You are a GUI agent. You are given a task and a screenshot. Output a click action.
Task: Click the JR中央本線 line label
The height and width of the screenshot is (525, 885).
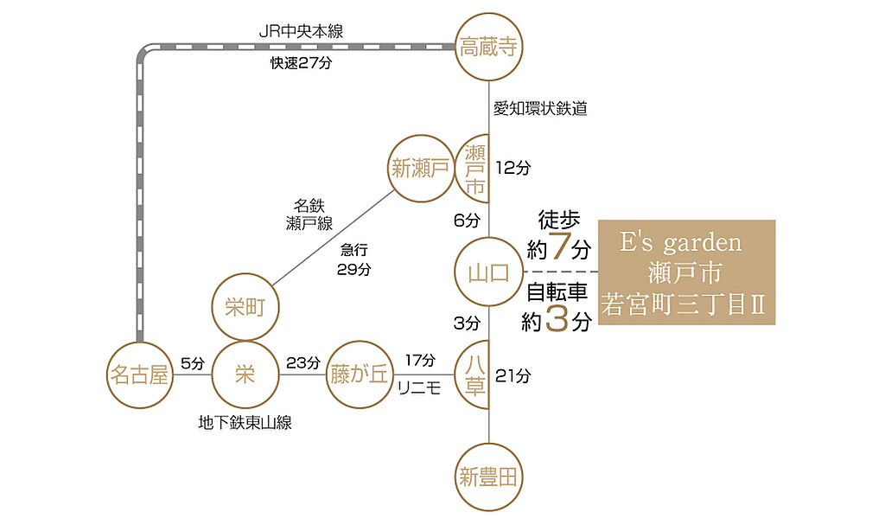(x=301, y=31)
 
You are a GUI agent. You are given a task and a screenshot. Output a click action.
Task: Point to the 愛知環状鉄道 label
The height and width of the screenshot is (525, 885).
(x=540, y=108)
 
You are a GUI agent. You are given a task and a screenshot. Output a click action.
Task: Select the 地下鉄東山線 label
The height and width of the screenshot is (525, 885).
(x=245, y=423)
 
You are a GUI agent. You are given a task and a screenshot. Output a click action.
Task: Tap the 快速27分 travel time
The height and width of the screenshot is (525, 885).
(x=301, y=63)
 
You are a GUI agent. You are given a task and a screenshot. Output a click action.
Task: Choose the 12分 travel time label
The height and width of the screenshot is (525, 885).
(x=513, y=168)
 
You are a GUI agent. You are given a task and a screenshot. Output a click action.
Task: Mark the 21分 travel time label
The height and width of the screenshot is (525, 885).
(x=513, y=376)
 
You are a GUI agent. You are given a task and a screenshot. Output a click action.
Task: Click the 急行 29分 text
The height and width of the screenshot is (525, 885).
(x=353, y=259)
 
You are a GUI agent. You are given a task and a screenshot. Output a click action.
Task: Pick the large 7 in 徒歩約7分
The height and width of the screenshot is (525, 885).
(x=558, y=246)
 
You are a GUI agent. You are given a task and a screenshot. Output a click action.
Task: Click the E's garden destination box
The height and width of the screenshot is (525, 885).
(x=686, y=272)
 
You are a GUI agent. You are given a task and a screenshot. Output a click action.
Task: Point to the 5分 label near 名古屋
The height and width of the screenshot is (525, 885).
(x=193, y=363)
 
